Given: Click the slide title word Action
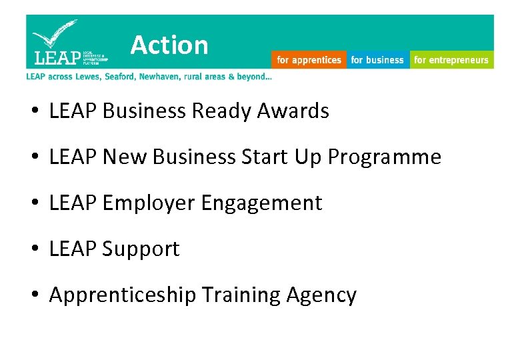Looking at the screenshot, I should [x=169, y=45].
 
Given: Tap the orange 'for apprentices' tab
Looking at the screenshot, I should [x=309, y=60].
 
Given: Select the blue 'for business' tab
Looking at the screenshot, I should [x=377, y=60].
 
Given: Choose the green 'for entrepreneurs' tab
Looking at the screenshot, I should [x=451, y=60].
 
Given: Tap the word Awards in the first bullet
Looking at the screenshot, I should [x=298, y=111].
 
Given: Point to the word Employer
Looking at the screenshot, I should [x=149, y=203].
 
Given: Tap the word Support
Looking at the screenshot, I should [x=141, y=249].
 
